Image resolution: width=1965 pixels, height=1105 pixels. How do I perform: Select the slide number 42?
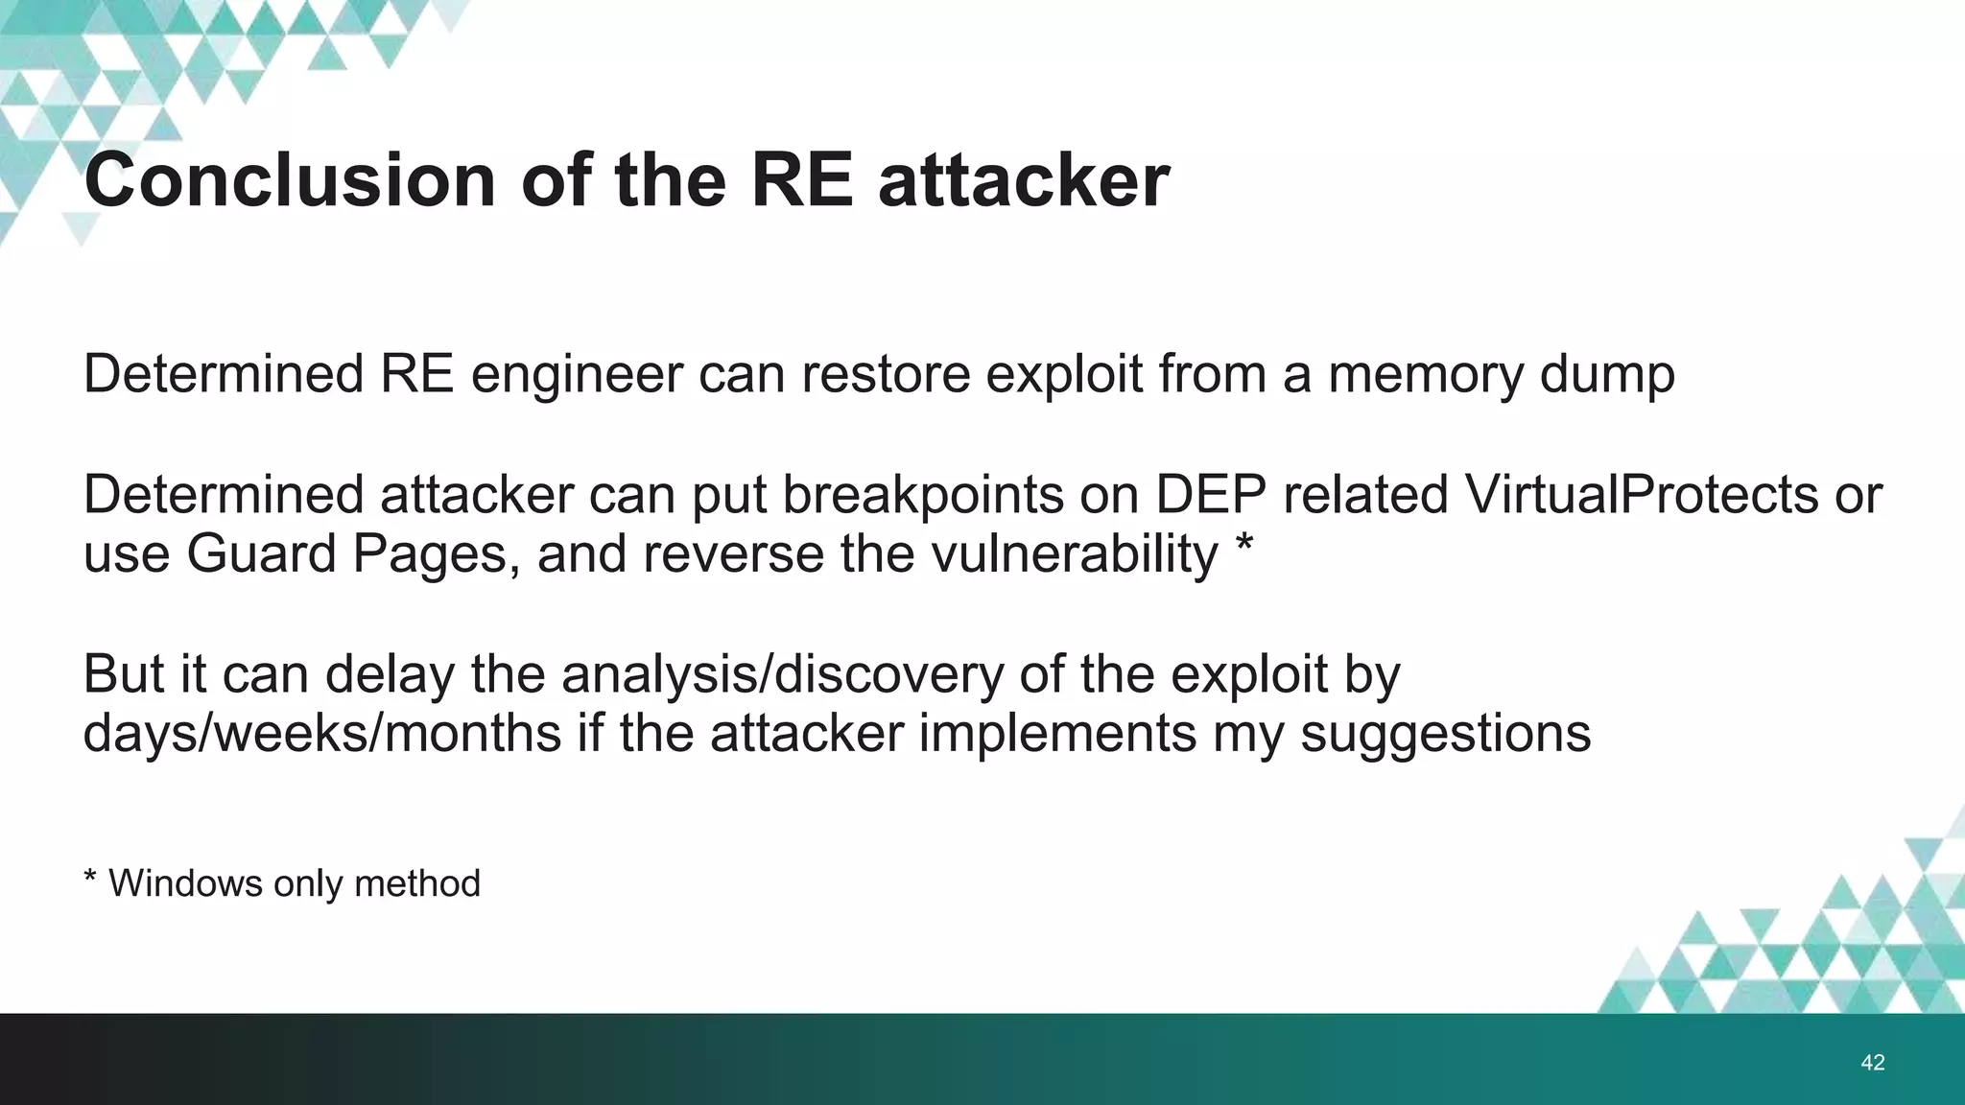[x=1872, y=1062]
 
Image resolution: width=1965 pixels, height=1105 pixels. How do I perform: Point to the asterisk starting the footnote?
[x=90, y=878]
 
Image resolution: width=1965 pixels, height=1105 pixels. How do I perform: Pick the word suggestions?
[x=1446, y=734]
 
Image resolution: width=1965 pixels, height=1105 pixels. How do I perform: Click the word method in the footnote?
[x=416, y=883]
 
